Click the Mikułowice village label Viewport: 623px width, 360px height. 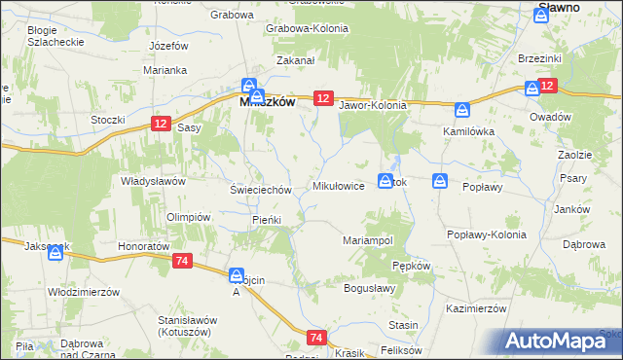point(338,185)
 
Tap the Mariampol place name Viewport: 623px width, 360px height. point(367,239)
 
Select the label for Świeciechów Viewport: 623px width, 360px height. point(260,190)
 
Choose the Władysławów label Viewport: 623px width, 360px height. point(153,181)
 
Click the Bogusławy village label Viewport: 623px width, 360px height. point(370,288)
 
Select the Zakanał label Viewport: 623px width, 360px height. point(295,60)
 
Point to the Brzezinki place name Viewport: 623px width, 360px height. point(541,58)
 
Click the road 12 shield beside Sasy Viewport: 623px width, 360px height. point(163,122)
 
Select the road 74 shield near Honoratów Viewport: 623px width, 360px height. point(182,262)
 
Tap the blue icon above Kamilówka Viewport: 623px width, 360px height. point(464,111)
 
